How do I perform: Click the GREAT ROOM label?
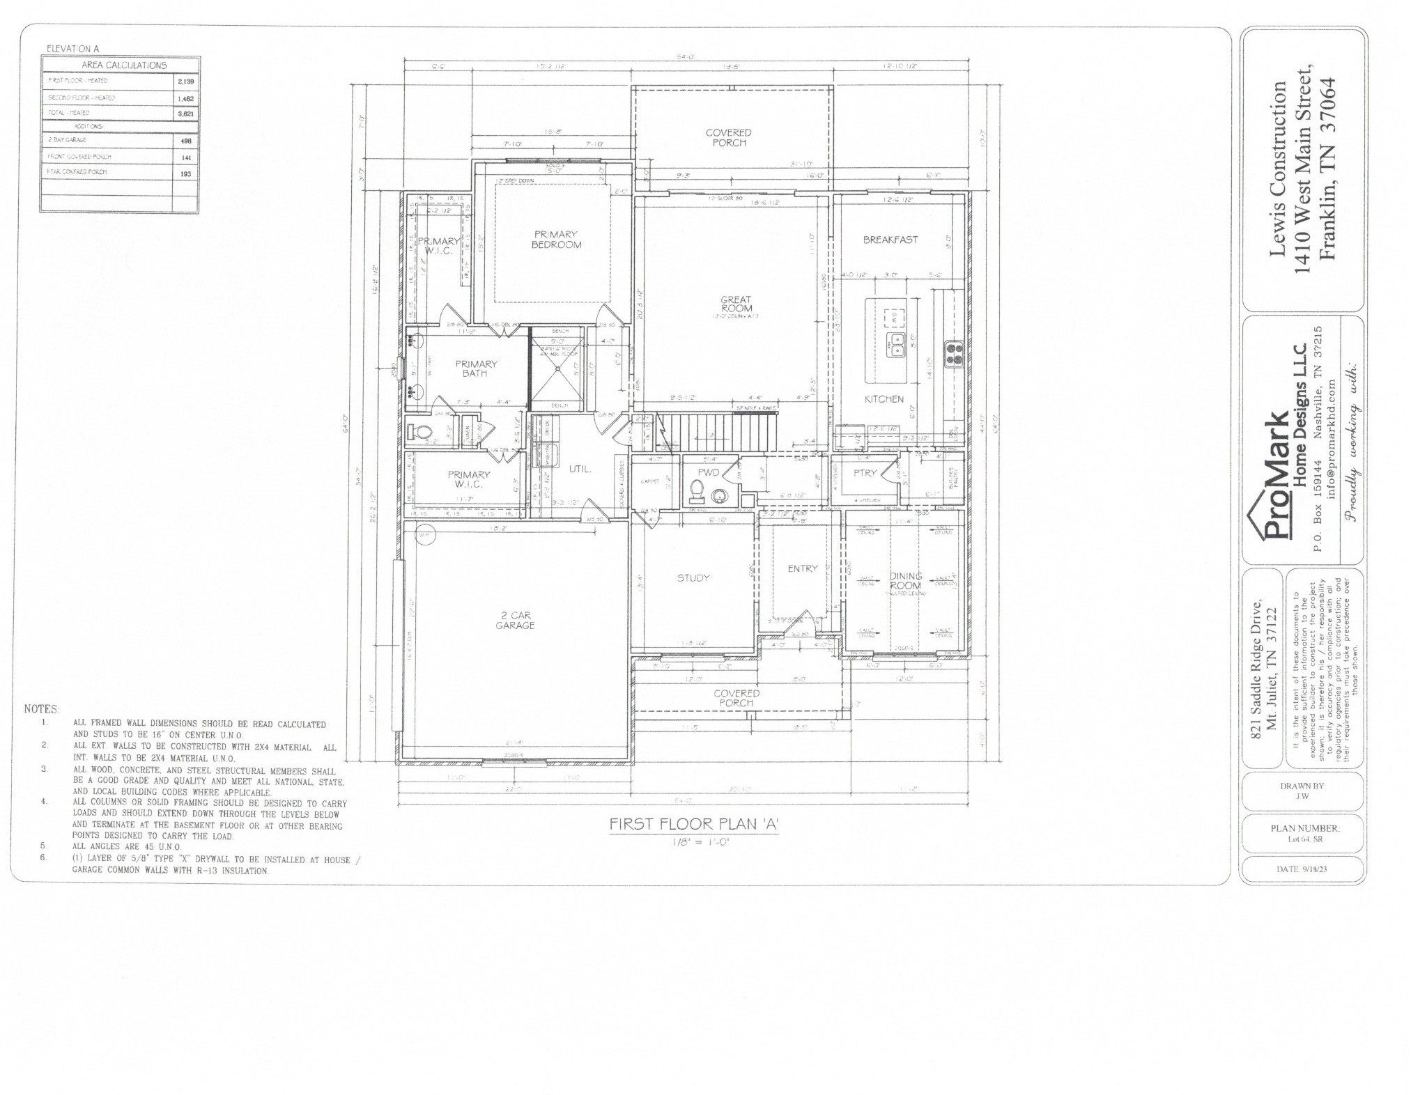736,304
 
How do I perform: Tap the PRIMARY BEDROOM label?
556,239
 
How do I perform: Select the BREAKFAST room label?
890,240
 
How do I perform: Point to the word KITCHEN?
884,399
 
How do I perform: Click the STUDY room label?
693,577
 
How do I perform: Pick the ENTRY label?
802,568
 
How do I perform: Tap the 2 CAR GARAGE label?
515,620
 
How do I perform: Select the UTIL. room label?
580,469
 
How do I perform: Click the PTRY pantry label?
865,473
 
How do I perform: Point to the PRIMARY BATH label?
476,368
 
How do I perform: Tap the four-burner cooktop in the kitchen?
952,353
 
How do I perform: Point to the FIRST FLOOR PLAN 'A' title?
693,824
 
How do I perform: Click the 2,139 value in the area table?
185,81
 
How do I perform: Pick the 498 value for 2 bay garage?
185,141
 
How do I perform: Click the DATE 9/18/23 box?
1301,869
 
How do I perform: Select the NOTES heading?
42,709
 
